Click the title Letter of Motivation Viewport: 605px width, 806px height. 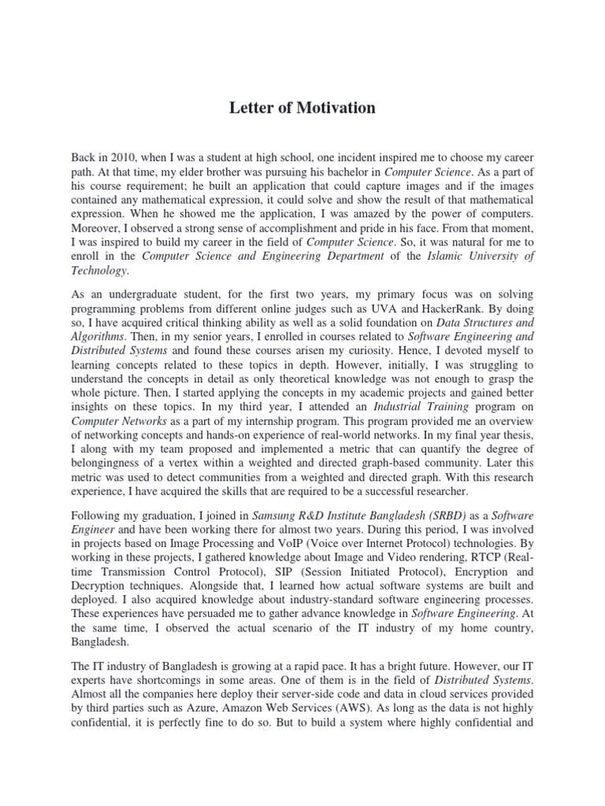click(302, 108)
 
